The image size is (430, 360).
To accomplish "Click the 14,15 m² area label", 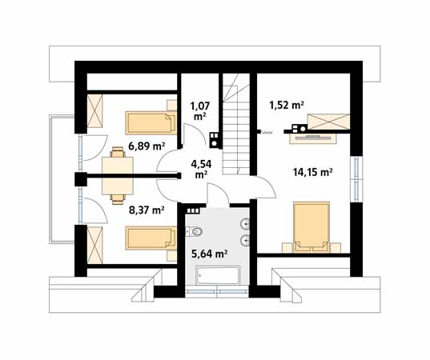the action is tap(313, 172).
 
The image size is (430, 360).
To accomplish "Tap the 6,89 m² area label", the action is tap(147, 146).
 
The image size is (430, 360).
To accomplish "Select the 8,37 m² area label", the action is tap(147, 210).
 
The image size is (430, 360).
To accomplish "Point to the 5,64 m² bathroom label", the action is tap(209, 254).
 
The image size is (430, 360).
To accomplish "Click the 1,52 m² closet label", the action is tap(287, 105).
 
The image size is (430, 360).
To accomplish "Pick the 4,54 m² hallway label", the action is tap(201, 169).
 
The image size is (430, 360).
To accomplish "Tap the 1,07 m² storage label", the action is tap(200, 110).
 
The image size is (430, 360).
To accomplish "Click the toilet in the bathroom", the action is tap(194, 231).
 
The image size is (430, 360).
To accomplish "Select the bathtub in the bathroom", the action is tap(219, 274).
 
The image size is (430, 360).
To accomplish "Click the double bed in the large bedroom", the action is tap(311, 227).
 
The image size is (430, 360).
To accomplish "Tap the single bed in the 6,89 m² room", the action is tap(151, 122).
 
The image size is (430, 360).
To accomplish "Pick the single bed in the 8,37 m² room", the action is tap(151, 238).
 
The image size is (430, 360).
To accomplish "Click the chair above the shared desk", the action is tap(118, 152).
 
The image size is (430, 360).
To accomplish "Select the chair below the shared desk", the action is tap(118, 199).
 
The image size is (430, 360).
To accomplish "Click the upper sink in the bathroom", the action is tap(245, 224).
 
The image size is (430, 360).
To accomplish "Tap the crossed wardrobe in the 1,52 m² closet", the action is tap(328, 122).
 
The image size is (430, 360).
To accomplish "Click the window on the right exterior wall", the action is tap(356, 179).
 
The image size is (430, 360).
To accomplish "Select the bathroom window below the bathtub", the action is tap(217, 291).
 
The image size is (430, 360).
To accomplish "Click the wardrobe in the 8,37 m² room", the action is tap(94, 246).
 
